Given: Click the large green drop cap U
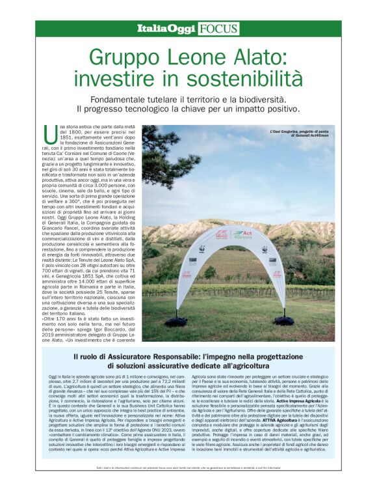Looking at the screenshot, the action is (x=49, y=134).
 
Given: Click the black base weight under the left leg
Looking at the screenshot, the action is (x=175, y=320).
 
